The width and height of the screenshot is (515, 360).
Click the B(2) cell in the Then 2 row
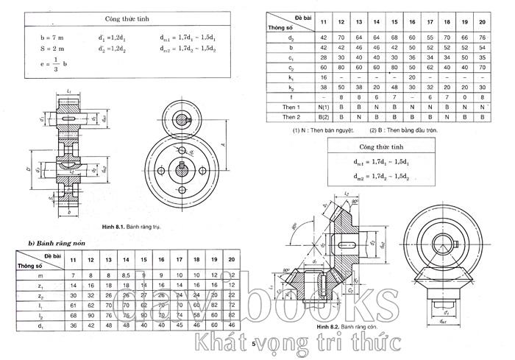click(322, 117)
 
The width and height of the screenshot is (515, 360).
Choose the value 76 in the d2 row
click(482, 37)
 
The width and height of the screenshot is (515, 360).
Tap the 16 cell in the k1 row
click(322, 77)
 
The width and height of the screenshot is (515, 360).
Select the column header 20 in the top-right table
click(482, 22)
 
